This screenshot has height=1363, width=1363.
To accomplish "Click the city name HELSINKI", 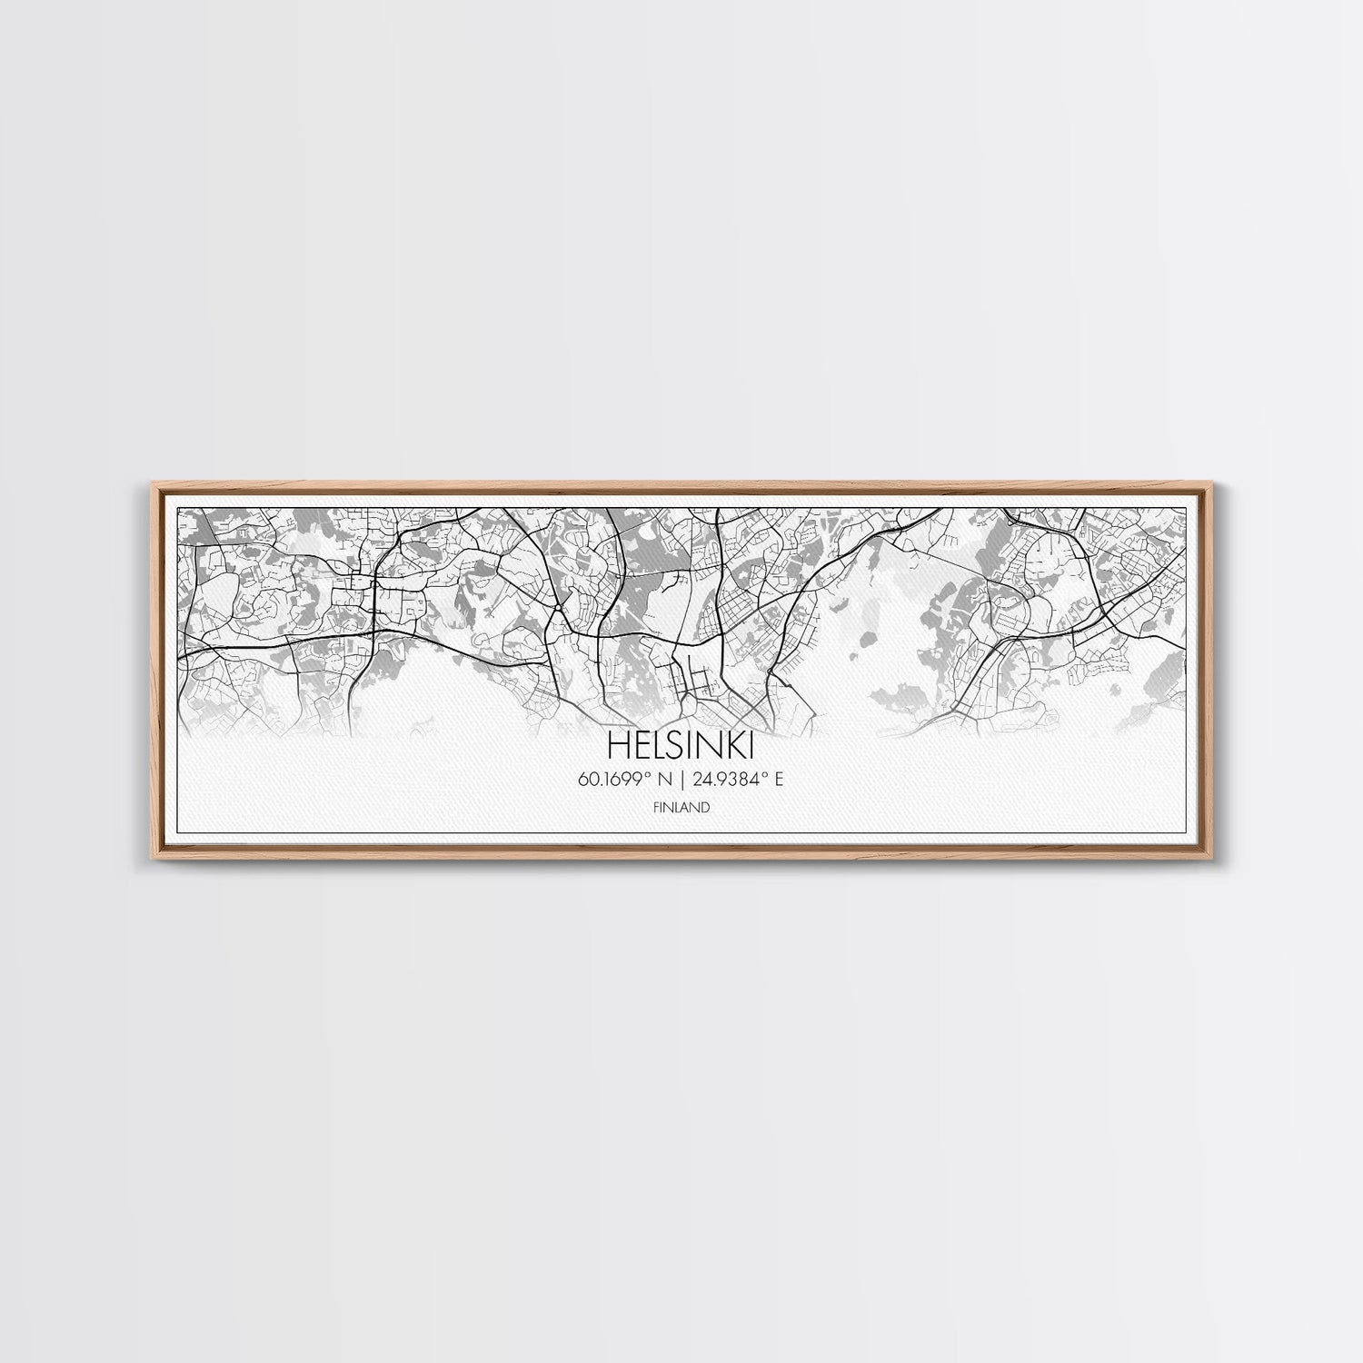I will coord(680,747).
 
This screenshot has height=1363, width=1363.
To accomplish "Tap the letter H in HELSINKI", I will coord(617,747).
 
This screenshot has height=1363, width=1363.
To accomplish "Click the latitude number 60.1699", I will coord(622,779).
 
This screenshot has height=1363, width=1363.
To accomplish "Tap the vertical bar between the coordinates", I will coord(682,779).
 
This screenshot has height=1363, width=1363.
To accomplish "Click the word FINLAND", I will coord(681,807).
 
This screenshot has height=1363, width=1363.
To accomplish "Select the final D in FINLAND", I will coord(706,807).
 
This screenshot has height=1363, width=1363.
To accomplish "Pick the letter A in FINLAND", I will coord(688,807).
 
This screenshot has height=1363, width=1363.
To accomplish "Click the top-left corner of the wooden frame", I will coord(148,485).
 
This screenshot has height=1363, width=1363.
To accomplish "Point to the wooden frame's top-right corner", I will coord(1216,485).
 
